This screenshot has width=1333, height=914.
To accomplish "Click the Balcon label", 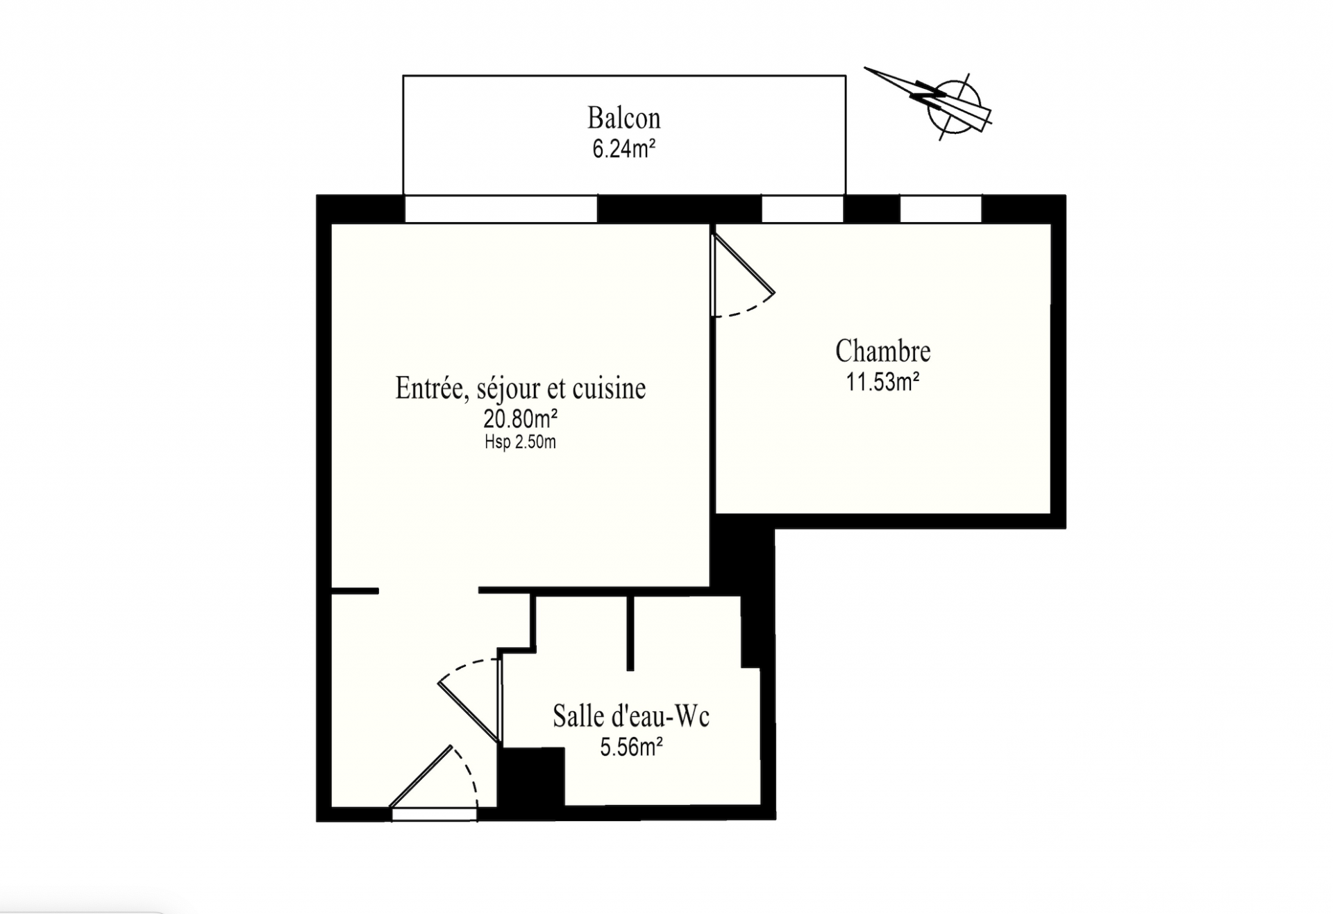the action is tap(623, 118).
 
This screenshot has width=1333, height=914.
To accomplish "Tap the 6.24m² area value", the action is tap(623, 149).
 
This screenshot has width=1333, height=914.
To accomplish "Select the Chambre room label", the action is tap(882, 351).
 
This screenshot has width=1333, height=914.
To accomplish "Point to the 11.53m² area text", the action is tap(882, 382).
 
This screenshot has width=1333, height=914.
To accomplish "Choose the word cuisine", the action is tap(609, 389).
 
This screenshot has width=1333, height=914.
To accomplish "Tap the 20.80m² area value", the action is tap(521, 419).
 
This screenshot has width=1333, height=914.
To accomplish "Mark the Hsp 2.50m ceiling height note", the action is tap(521, 442).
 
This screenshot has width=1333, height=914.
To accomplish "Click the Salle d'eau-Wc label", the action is tap(630, 716).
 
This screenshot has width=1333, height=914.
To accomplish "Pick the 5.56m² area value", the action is tap(630, 747).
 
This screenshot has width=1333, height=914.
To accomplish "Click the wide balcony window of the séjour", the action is tap(501, 209).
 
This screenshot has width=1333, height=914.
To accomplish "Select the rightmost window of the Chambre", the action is tap(941, 209).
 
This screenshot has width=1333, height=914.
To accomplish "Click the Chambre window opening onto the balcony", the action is tap(803, 209).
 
